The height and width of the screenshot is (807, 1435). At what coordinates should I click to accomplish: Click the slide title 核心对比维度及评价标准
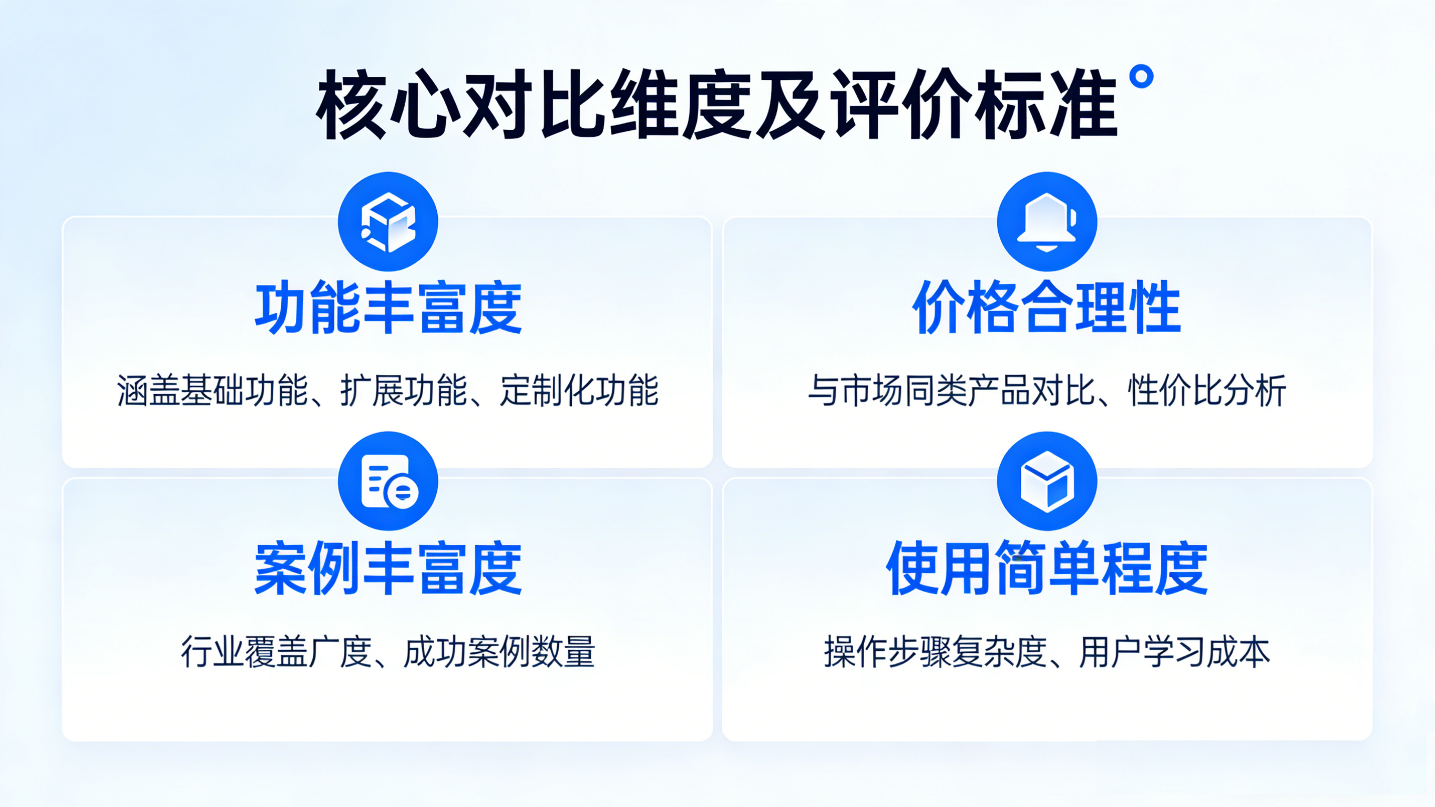(x=717, y=105)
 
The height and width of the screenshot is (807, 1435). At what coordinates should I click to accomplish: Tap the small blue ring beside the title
(x=1141, y=76)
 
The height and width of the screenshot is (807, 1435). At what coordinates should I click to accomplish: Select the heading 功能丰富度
(x=388, y=308)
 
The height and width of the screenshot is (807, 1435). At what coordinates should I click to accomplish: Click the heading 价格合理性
(x=1047, y=308)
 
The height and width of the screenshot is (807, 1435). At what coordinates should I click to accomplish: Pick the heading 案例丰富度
(x=388, y=568)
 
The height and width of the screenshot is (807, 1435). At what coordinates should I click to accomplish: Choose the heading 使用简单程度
(x=1047, y=568)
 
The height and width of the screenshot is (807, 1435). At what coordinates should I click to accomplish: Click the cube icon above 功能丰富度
(x=388, y=222)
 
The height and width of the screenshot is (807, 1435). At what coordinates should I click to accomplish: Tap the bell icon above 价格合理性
(x=1047, y=222)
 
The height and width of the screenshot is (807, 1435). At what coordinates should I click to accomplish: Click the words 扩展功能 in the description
(x=404, y=391)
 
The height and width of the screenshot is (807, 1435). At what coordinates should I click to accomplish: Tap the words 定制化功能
(x=579, y=391)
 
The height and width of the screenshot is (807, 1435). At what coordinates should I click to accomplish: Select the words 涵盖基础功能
(x=213, y=391)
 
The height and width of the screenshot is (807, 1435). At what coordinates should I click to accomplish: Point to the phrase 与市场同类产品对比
(x=951, y=391)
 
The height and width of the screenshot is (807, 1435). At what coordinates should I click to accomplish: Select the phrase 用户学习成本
(x=1175, y=652)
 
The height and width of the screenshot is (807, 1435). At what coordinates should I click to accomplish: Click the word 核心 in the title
(x=389, y=105)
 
